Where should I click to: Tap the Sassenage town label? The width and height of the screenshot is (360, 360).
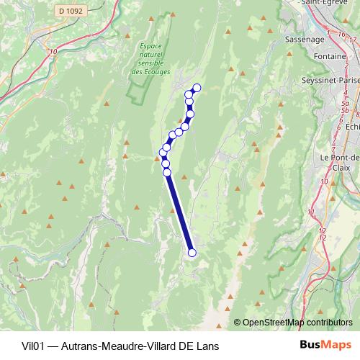pyautogui.click(x=305, y=39)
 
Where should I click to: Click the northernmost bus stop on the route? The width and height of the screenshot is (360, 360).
pyautogui.click(x=197, y=89)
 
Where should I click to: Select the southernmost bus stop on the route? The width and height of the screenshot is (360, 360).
pyautogui.click(x=192, y=252)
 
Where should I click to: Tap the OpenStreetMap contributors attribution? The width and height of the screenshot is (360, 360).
pyautogui.click(x=298, y=323)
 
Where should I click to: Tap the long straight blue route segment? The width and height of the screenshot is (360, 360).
pyautogui.click(x=179, y=212)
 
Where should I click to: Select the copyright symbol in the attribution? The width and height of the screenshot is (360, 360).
pyautogui.click(x=238, y=323)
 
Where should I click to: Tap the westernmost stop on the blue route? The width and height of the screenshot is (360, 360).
pyautogui.click(x=163, y=152)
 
